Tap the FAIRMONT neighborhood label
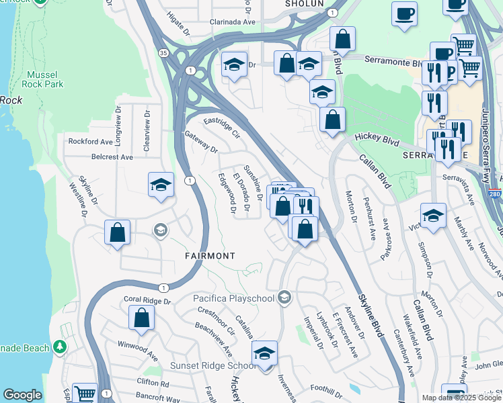[210, 256]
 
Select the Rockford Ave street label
[91, 142]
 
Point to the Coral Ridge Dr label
[148, 300]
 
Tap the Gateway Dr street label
[202, 141]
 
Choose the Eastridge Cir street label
[222, 126]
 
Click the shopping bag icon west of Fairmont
[118, 232]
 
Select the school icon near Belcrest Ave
[161, 185]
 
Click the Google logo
[22, 395]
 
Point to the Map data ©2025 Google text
[461, 398]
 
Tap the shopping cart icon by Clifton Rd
[85, 393]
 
